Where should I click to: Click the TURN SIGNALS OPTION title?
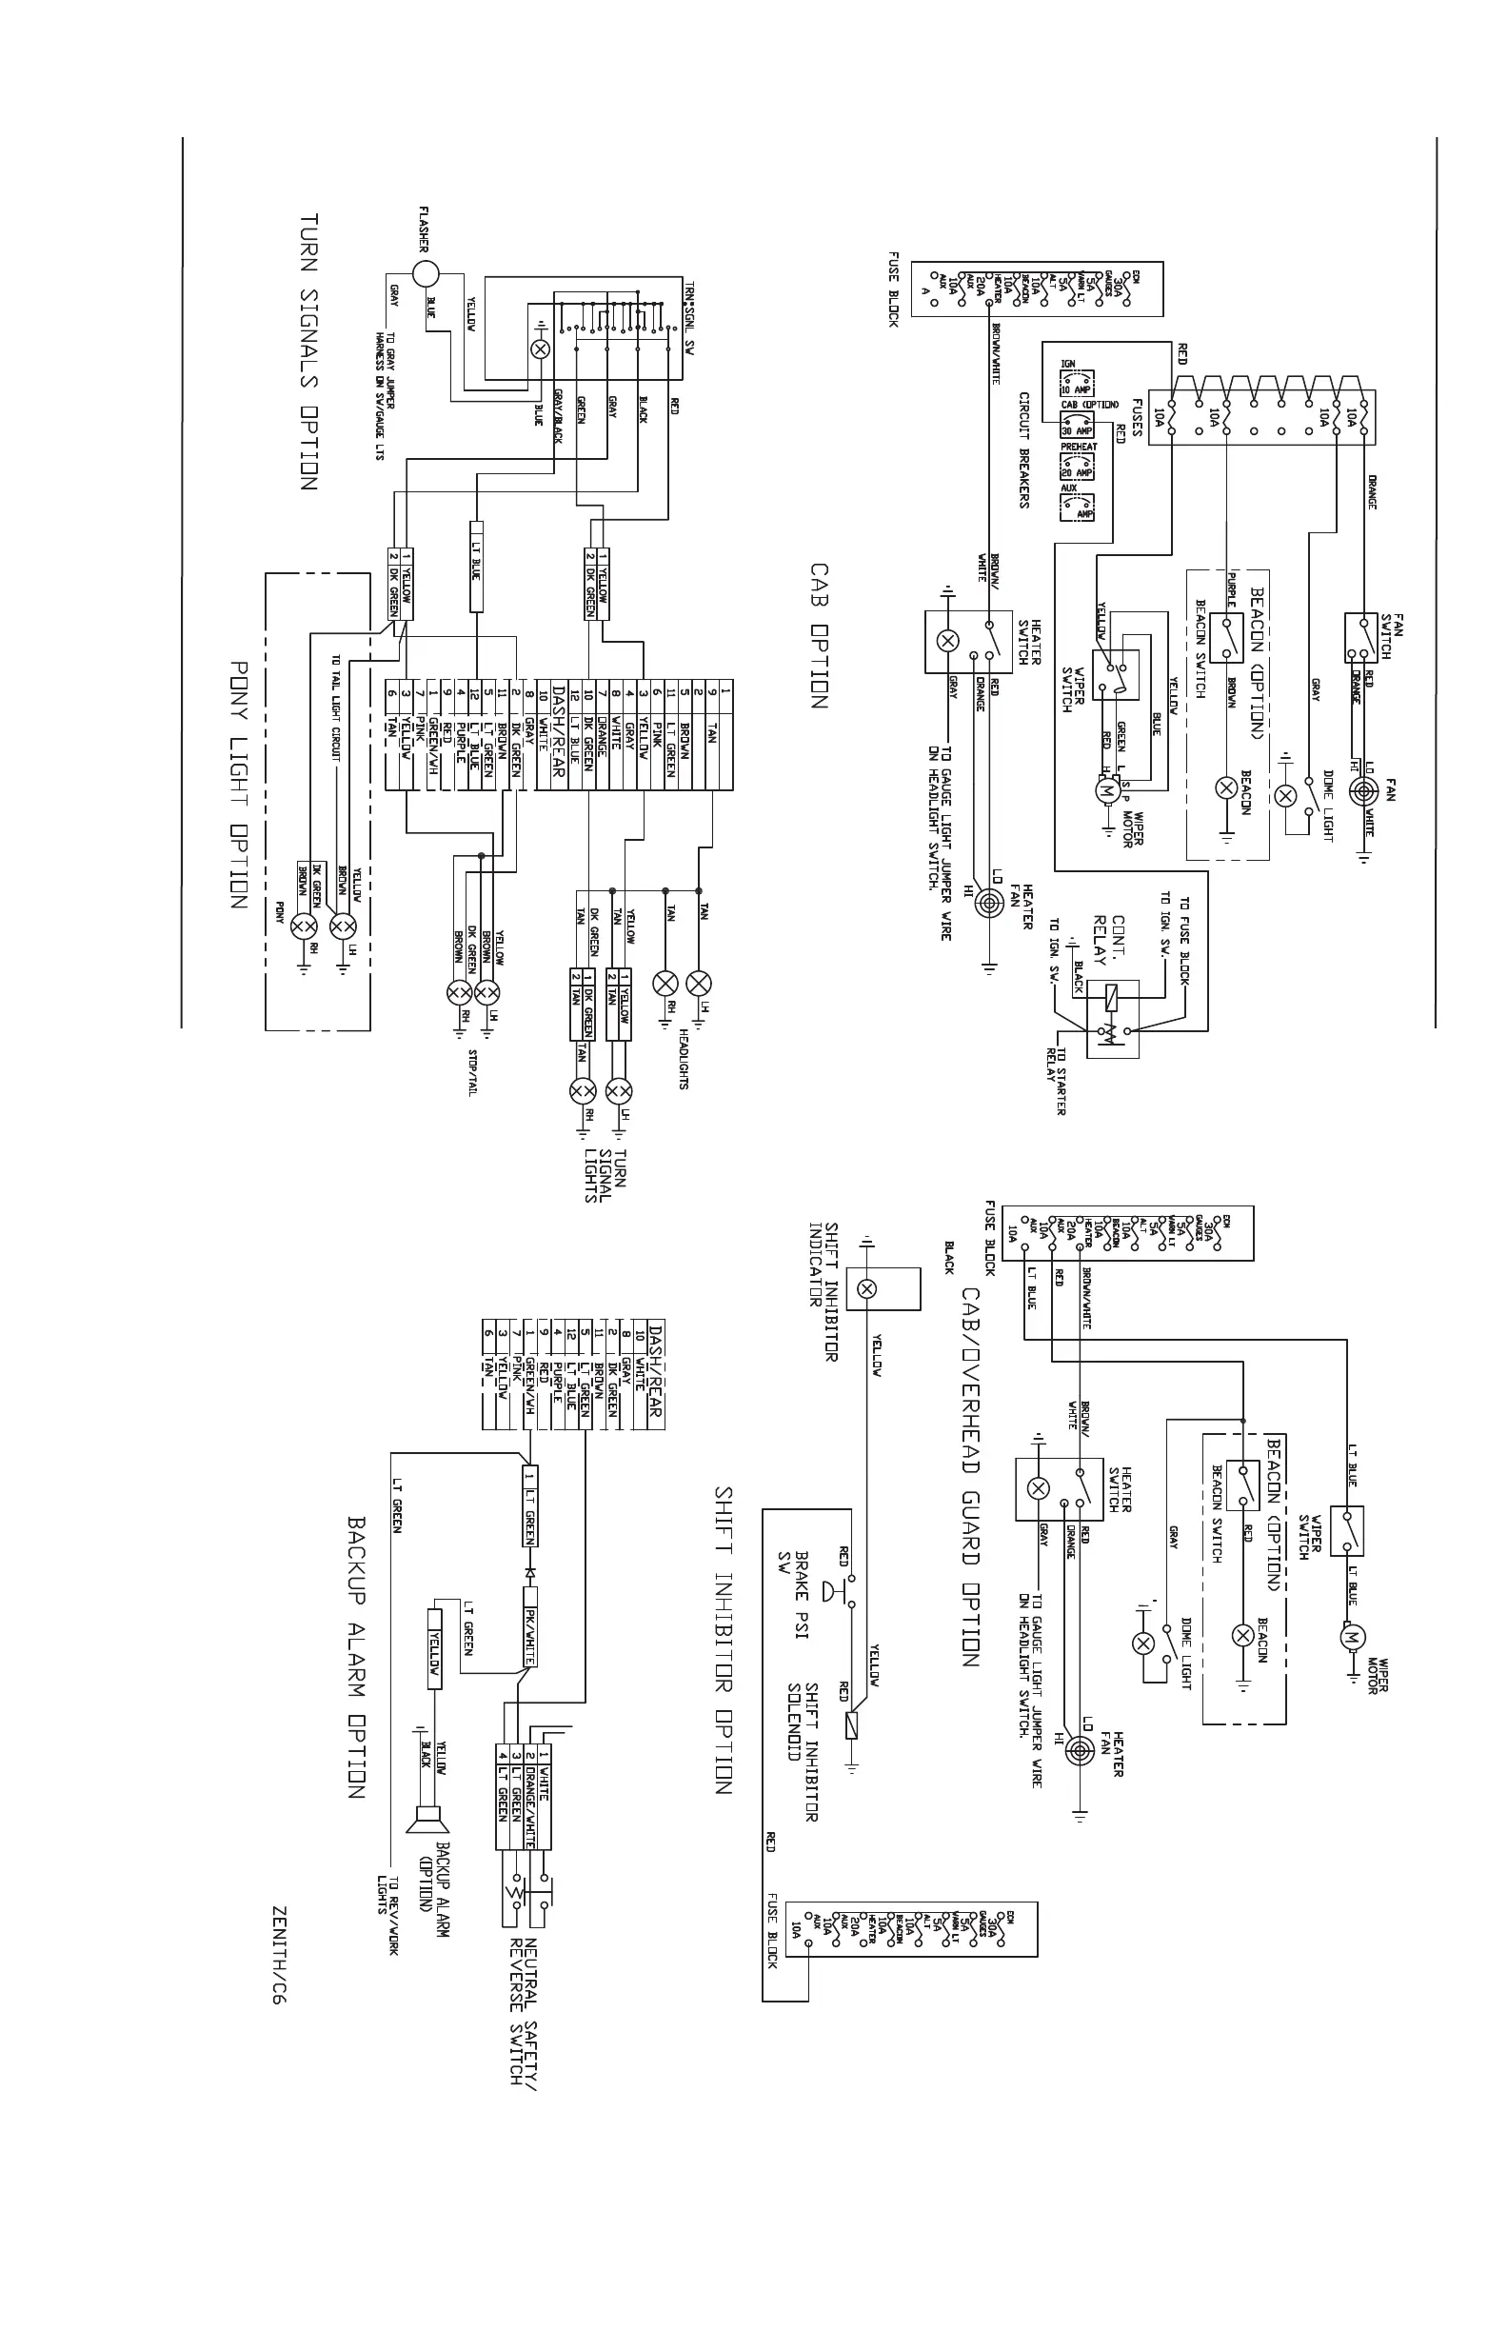pyautogui.click(x=308, y=351)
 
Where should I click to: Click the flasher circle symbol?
pyautogui.click(x=426, y=274)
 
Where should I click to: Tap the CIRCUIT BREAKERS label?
pyautogui.click(x=1024, y=449)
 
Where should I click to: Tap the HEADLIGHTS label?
pyautogui.click(x=683, y=1058)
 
